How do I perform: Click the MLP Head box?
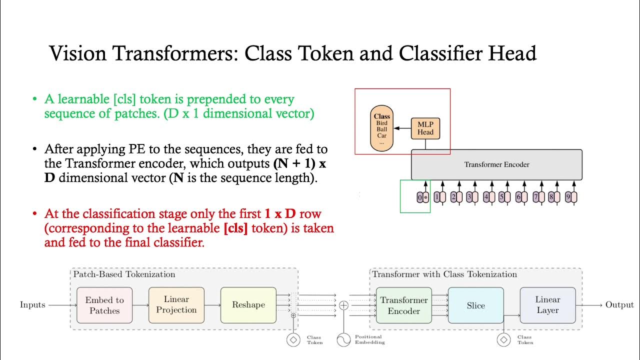[x=425, y=128]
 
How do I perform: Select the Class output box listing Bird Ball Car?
[x=382, y=128]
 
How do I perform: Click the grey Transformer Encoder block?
[x=496, y=164]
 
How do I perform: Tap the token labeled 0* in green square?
[x=423, y=197]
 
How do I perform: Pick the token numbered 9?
[x=570, y=197]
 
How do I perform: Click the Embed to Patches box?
[x=104, y=305]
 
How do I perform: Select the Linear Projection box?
[x=176, y=305]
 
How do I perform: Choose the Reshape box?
[x=248, y=305]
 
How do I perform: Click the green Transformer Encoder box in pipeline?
[x=403, y=305]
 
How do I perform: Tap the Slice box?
[x=475, y=305]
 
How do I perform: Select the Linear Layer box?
[x=547, y=305]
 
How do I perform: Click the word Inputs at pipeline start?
[x=32, y=304]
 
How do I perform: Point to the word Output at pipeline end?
[x=619, y=304]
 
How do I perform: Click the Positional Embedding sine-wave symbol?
[x=343, y=340]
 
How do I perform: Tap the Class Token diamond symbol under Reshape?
[x=293, y=340]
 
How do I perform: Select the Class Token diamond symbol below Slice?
[x=503, y=340]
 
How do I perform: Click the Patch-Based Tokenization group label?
[x=124, y=274]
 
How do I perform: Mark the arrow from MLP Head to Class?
[x=402, y=128]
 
